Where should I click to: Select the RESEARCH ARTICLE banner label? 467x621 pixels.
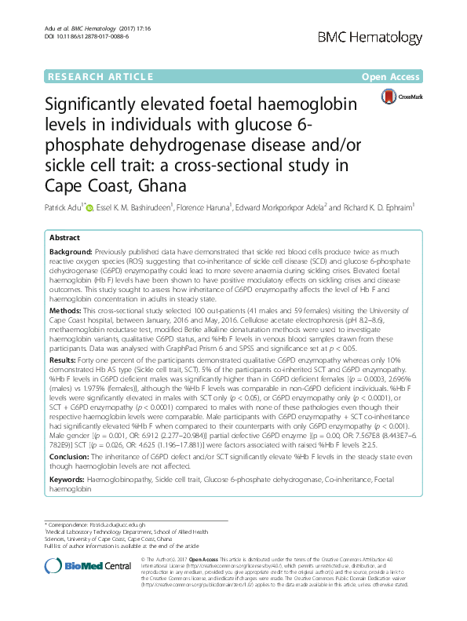(100, 77)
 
